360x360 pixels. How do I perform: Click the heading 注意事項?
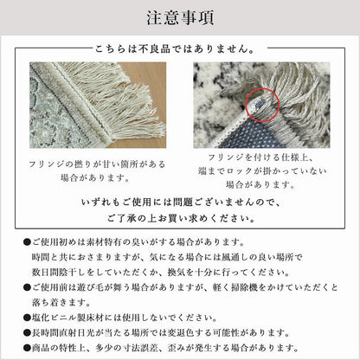tap(180, 18)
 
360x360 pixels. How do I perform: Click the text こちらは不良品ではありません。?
tap(175, 49)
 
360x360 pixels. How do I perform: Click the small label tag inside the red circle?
tap(259, 103)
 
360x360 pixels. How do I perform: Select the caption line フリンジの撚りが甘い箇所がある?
tap(97, 164)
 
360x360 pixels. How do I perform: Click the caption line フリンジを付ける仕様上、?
tap(261, 157)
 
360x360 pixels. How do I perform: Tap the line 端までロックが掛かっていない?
tap(262, 171)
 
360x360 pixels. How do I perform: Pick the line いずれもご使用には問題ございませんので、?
tap(181, 202)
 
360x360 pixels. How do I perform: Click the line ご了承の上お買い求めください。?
tap(182, 218)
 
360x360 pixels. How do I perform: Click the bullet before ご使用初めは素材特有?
tap(27, 242)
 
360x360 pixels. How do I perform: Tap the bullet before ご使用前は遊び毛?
tap(27, 287)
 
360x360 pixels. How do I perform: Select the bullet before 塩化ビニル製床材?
tap(27, 318)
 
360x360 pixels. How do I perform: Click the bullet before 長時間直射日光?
tap(27, 333)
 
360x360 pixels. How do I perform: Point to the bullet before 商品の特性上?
tap(27, 348)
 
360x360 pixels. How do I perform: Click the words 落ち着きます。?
tap(61, 303)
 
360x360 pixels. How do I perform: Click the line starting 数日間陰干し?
tap(161, 272)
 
